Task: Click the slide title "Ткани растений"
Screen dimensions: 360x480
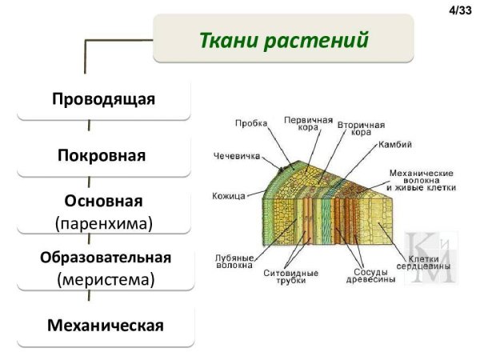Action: click(x=283, y=39)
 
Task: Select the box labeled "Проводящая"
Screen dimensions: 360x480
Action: click(x=103, y=99)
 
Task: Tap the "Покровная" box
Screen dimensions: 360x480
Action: click(x=103, y=153)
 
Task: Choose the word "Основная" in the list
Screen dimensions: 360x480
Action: click(x=103, y=200)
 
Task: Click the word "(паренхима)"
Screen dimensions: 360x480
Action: click(x=103, y=222)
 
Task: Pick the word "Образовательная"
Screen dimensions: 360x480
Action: click(x=105, y=258)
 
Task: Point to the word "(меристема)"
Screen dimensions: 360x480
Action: click(x=105, y=279)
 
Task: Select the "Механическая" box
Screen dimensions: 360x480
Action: click(x=105, y=326)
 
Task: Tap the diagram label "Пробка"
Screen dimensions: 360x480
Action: click(x=251, y=123)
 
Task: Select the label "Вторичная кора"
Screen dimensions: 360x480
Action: click(x=361, y=129)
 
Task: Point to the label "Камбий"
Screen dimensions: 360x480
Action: click(x=395, y=145)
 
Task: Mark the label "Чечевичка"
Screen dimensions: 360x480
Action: click(x=237, y=156)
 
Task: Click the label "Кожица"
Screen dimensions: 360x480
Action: click(x=229, y=195)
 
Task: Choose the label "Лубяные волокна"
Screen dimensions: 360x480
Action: click(x=234, y=261)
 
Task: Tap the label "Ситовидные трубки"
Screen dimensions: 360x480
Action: click(x=290, y=276)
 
